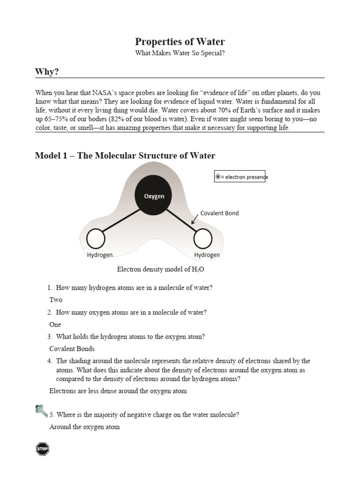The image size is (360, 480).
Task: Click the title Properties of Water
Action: click(180, 41)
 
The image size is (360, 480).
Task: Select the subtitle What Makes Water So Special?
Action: click(180, 53)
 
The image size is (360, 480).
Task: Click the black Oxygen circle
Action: click(154, 196)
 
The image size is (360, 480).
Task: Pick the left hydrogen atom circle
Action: click(96, 239)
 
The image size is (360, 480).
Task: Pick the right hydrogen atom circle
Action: click(203, 239)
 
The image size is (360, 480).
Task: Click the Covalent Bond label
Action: click(219, 213)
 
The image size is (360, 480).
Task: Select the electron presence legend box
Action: click(240, 177)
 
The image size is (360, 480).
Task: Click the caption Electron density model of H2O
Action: click(160, 270)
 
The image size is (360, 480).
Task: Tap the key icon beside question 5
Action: click(41, 411)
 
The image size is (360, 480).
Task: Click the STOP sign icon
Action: click(42, 449)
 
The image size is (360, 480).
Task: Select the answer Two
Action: click(56, 300)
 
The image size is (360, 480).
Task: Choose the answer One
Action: click(55, 324)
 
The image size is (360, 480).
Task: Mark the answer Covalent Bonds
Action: click(72, 349)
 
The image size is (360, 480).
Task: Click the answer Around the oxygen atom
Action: click(84, 427)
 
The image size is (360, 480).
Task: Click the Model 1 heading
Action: click(125, 156)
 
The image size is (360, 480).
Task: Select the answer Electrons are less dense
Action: click(118, 391)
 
